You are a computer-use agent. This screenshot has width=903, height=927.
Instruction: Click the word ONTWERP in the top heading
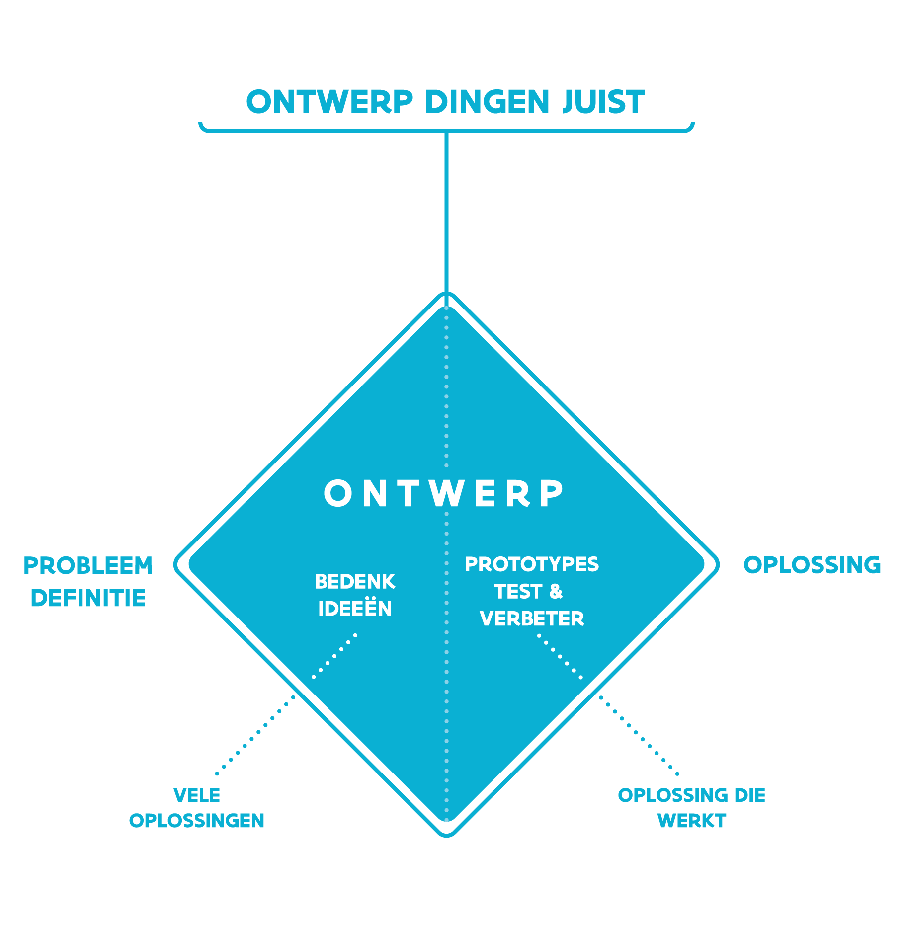click(x=329, y=102)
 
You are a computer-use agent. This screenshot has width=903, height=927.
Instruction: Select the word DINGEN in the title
click(x=487, y=102)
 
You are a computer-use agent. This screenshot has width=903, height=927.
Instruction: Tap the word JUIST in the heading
click(x=603, y=102)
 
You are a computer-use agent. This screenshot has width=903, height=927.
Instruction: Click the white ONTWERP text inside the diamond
click(x=443, y=493)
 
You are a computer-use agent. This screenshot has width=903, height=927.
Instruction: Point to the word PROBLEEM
click(x=88, y=566)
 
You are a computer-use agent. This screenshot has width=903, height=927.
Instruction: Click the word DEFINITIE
click(x=88, y=598)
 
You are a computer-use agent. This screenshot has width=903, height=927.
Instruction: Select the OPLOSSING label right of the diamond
click(x=812, y=565)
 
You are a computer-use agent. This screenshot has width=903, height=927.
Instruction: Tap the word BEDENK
click(x=355, y=582)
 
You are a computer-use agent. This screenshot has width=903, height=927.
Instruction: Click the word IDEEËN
click(x=355, y=608)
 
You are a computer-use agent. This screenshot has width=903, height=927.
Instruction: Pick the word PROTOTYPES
click(x=532, y=564)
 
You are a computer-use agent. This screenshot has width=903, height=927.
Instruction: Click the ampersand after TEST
click(x=556, y=591)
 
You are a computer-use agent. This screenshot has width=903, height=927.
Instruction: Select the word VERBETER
click(x=532, y=618)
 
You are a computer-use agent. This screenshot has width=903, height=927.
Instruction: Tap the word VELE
click(x=197, y=795)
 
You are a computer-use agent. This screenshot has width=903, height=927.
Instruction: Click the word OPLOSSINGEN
click(x=197, y=821)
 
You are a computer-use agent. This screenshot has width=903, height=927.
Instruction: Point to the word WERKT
click(x=691, y=821)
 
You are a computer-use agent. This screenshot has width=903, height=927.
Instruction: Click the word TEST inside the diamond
click(x=517, y=591)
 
